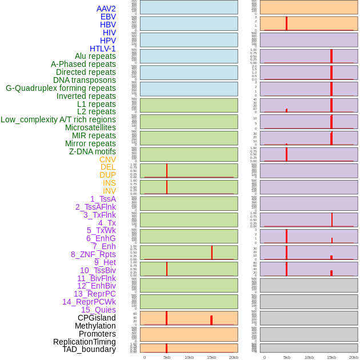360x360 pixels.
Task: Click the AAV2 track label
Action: (x=106, y=9)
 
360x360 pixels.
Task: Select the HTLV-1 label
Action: (x=102, y=49)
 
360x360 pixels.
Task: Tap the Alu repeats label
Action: (x=95, y=56)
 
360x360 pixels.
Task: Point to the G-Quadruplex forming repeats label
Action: (x=61, y=88)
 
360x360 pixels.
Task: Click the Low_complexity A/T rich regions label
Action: (x=58, y=119)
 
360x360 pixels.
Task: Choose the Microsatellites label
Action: (x=90, y=127)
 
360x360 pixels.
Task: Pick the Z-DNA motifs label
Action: (x=92, y=151)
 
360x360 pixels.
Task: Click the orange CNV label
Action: (x=107, y=159)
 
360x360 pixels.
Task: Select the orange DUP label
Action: (x=107, y=175)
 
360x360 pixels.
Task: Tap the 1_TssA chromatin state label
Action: (x=103, y=199)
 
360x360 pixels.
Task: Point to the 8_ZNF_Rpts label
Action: (x=93, y=254)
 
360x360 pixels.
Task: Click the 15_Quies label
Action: (x=98, y=310)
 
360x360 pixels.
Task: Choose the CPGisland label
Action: (x=97, y=318)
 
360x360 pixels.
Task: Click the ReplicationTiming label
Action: (x=84, y=342)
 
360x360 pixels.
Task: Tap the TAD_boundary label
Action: (x=89, y=349)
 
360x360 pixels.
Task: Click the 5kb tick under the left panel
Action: (x=167, y=357)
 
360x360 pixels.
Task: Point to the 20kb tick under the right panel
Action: (x=354, y=357)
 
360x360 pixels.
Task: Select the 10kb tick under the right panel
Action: (x=309, y=357)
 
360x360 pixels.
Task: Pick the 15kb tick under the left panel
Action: (x=211, y=357)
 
